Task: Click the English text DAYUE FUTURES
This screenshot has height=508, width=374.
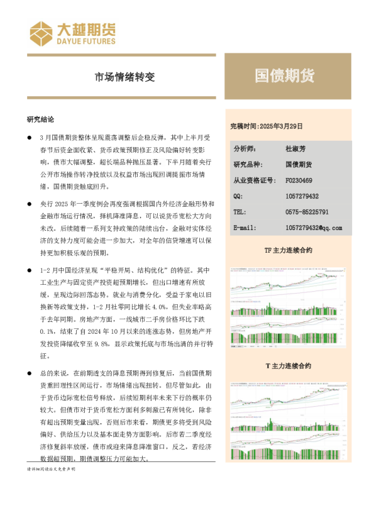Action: click(86, 41)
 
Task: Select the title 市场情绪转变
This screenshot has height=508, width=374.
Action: click(124, 77)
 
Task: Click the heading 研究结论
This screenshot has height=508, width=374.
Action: click(40, 119)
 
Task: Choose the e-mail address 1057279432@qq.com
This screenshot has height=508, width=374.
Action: click(313, 228)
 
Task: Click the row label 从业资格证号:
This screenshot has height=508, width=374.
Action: click(254, 180)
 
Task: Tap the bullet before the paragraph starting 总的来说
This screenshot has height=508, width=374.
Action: click(29, 373)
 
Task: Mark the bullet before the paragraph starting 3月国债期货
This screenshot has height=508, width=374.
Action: click(29, 136)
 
